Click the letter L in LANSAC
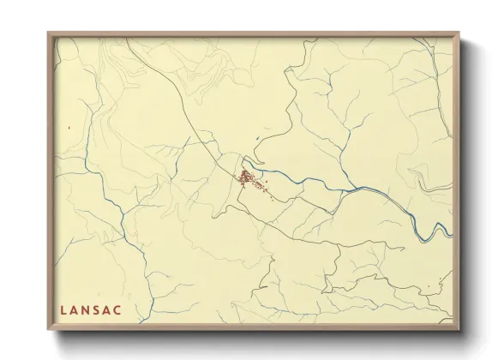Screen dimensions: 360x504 point(64,309)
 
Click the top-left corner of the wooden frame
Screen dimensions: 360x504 point(48,33)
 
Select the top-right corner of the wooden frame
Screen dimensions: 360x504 point(459,33)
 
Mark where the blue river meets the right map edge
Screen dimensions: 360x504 point(452,230)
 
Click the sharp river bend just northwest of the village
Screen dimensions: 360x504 point(244,159)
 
